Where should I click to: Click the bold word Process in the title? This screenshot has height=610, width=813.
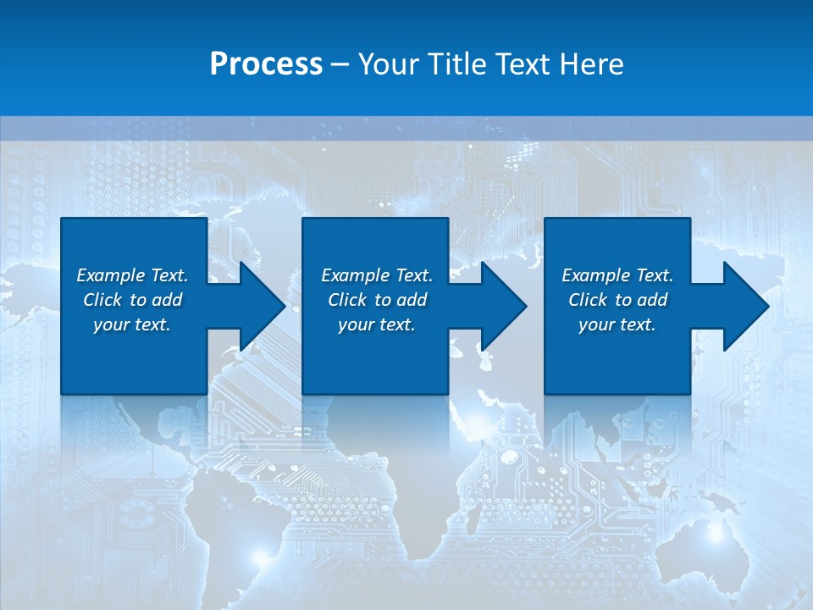point(266,64)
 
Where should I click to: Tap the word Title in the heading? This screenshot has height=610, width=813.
point(456,64)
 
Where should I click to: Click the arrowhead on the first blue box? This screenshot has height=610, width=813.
point(259,306)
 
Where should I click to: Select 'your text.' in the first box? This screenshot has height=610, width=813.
point(132,324)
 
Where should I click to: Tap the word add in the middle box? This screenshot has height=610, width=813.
point(412,300)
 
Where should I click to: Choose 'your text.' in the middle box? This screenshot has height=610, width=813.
point(376,324)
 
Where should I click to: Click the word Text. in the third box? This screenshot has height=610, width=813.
point(653,275)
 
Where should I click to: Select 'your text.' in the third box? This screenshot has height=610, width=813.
point(617,324)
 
